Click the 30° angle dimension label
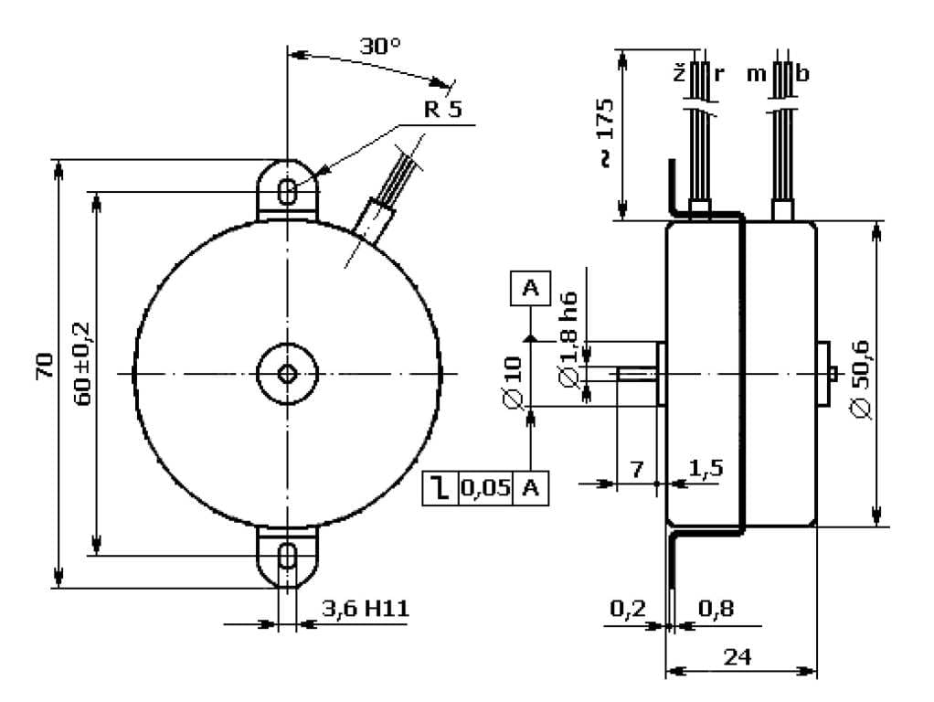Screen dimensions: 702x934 379,46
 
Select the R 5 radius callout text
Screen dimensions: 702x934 443,111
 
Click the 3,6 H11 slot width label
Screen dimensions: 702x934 364,607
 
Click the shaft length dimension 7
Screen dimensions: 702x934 637,469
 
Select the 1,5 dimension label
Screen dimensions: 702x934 706,468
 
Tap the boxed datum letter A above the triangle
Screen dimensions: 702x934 531,289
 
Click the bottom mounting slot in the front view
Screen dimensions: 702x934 287,555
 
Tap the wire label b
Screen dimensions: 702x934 801,74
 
